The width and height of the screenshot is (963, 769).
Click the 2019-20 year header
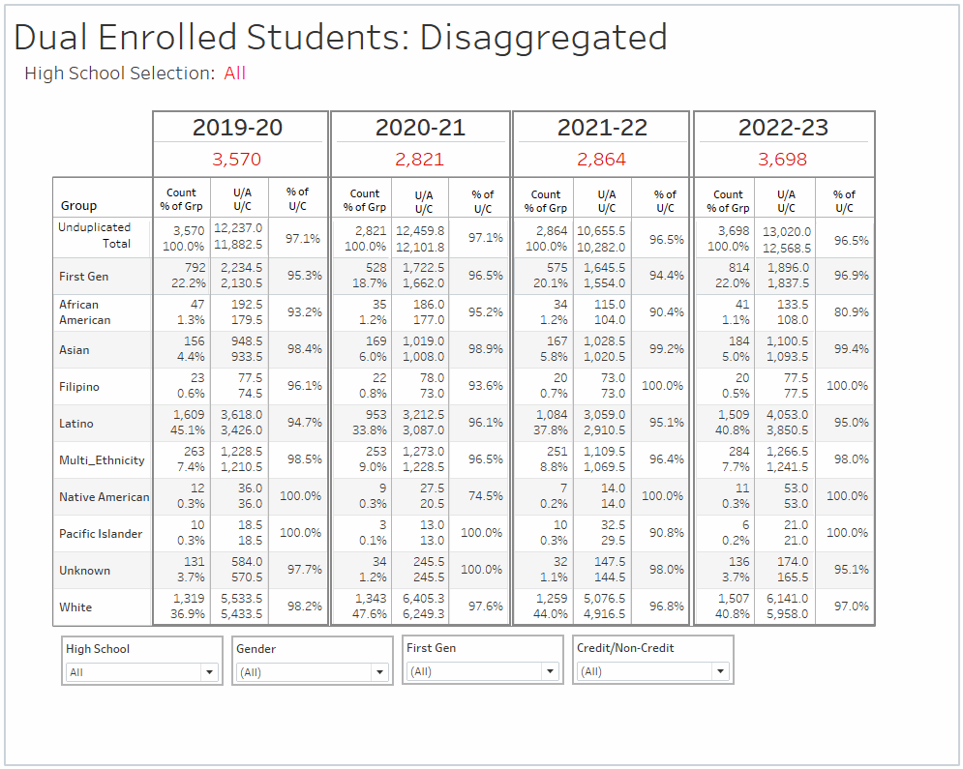pos(237,128)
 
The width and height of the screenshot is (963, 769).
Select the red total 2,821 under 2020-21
pos(419,160)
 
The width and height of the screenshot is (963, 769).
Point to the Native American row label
pos(104,497)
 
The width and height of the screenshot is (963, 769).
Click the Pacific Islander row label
pos(101,534)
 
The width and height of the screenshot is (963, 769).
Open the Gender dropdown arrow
pos(379,672)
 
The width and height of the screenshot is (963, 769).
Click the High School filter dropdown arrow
pos(209,672)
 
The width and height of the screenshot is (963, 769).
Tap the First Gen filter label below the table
pos(431,648)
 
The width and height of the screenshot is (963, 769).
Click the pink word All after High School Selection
pos(235,74)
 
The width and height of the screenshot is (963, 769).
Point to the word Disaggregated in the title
pos(543,38)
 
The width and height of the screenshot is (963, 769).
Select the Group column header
pos(78,205)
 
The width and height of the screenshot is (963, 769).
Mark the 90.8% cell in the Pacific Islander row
pos(666,533)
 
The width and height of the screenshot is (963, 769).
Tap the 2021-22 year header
pos(602,128)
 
